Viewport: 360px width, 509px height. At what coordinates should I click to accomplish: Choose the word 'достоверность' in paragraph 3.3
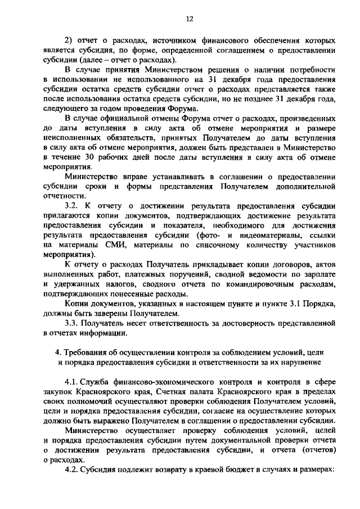coord(228,324)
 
